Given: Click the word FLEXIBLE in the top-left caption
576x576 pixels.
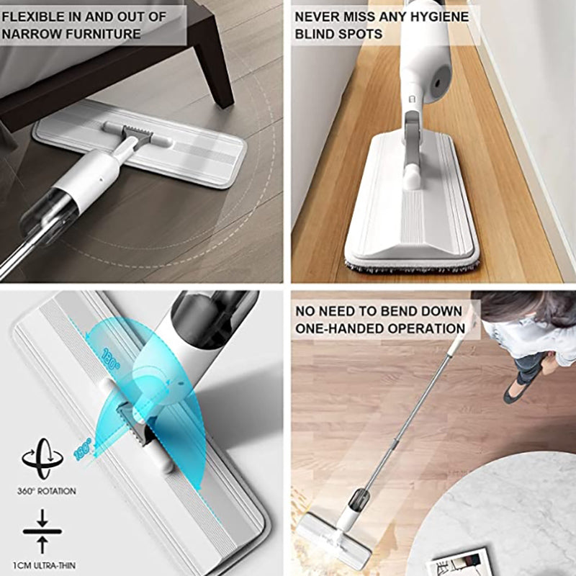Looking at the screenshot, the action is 33,17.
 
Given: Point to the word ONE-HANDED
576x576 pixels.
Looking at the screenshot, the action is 338,328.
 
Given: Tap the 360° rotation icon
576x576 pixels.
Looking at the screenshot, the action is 42,458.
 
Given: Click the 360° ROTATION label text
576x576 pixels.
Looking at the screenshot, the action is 47,491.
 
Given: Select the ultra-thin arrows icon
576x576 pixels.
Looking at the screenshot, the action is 42,531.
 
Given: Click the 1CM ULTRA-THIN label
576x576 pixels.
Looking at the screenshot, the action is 44,565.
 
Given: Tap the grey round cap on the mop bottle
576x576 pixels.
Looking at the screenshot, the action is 439,81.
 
